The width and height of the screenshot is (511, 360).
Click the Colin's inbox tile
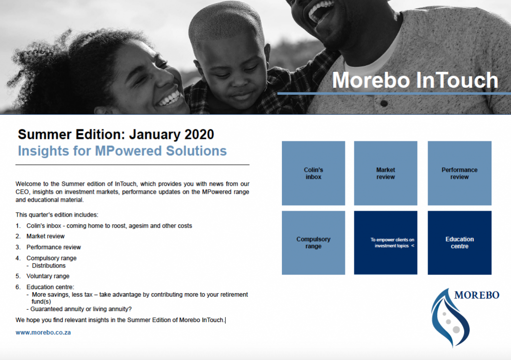pos(313,173)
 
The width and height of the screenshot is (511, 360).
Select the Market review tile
pos(386,173)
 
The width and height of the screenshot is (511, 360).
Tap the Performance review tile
pos(460,173)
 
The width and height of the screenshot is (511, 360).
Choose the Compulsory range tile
pos(313,243)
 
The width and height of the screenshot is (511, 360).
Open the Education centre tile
pos(460,243)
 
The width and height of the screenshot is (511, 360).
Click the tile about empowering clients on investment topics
pos(386,243)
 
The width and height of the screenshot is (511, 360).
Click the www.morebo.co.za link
pos(43,333)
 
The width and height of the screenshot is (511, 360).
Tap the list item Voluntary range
pos(48,276)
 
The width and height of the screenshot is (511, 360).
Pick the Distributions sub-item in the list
pos(48,266)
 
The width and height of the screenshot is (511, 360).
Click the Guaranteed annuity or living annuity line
pos(81,309)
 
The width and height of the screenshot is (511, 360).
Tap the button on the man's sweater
pos(384,104)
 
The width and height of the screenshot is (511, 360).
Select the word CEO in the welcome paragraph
pos(22,192)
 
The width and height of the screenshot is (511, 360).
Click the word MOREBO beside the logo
pos(477,295)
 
